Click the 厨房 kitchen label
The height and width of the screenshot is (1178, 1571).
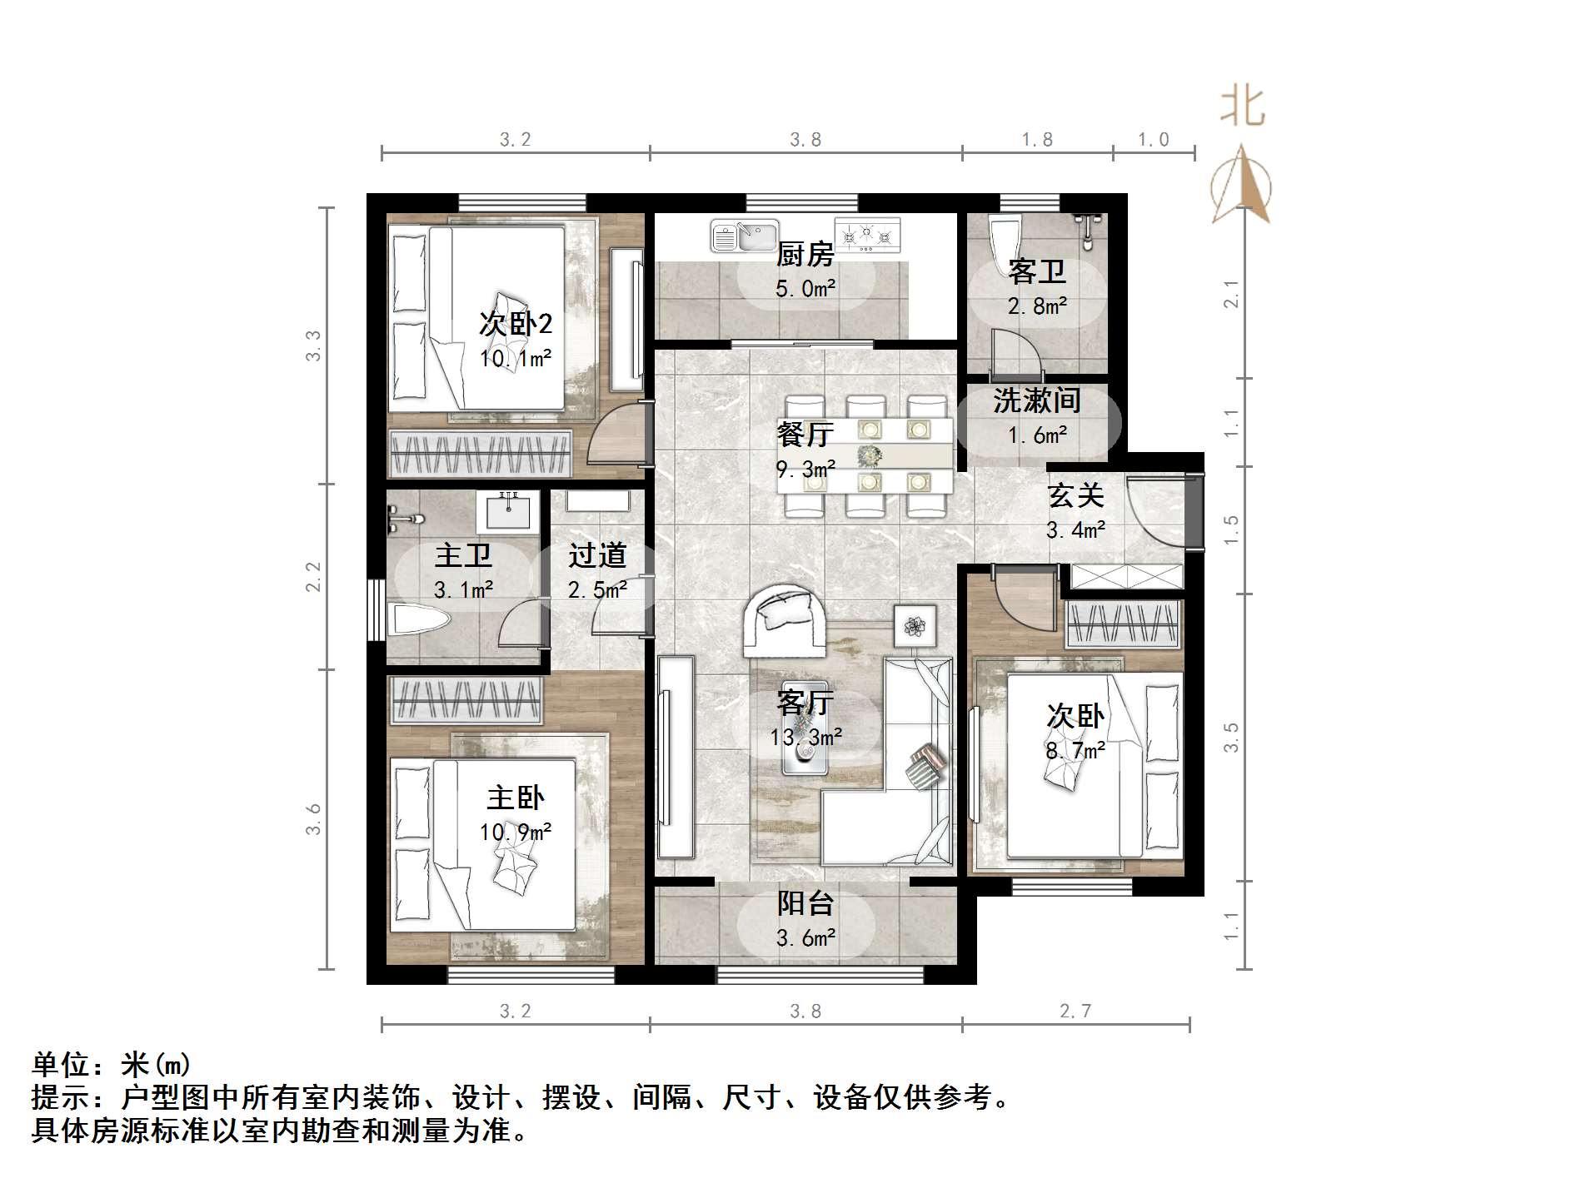(805, 254)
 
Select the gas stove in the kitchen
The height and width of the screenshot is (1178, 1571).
(868, 235)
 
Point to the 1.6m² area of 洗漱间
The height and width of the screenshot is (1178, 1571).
(1037, 435)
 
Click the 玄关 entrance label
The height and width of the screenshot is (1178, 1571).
(1075, 495)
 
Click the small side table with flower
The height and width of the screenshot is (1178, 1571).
(915, 624)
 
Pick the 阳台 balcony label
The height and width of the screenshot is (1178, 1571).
(805, 904)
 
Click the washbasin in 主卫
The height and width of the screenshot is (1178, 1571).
(507, 510)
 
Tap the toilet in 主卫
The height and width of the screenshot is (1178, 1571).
(421, 620)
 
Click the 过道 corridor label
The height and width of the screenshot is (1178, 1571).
(596, 555)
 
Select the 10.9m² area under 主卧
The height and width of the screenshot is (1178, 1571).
(515, 832)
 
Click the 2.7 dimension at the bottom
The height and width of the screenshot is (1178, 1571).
(1075, 1011)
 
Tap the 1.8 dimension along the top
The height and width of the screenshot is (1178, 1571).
(1037, 140)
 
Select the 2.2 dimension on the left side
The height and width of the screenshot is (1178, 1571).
(312, 576)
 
